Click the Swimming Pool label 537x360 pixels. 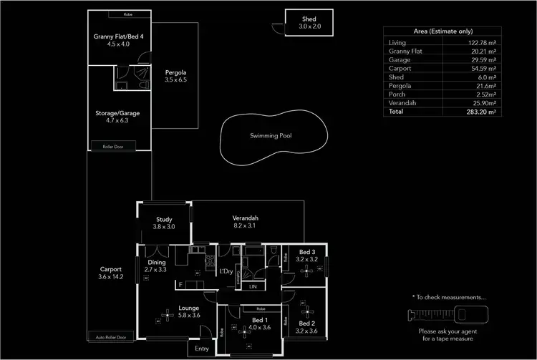271,135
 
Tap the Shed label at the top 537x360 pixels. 300,19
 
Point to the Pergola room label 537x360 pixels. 175,72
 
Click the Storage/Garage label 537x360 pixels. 117,113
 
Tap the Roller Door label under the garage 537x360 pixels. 118,147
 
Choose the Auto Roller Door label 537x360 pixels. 111,336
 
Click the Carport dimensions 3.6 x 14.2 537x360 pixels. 110,276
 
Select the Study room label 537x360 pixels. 164,219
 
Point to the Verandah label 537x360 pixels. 245,218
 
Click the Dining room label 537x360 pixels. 157,262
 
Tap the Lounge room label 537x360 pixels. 188,309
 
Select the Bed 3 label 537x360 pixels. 307,253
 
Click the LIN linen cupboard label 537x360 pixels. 252,286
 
